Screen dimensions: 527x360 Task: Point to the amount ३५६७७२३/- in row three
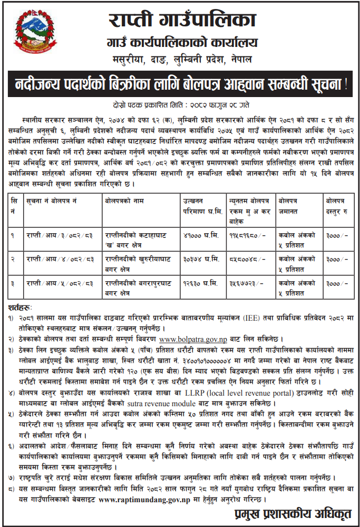click(x=244, y=284)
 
